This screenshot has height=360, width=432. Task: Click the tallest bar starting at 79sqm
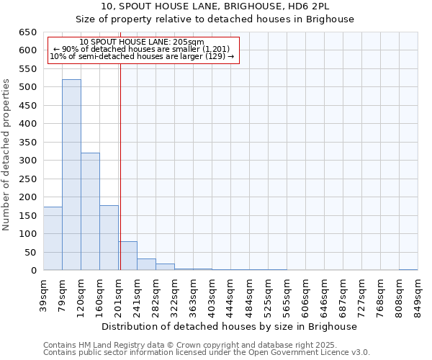(71, 175)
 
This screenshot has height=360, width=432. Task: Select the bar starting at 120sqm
(90, 212)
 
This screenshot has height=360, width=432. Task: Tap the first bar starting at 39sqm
(53, 238)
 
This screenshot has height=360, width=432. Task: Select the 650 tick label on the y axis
(27, 32)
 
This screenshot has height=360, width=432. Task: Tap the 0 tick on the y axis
(34, 271)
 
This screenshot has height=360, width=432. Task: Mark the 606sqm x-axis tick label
(305, 293)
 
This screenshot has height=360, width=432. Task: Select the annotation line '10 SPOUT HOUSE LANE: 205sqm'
(142, 42)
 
